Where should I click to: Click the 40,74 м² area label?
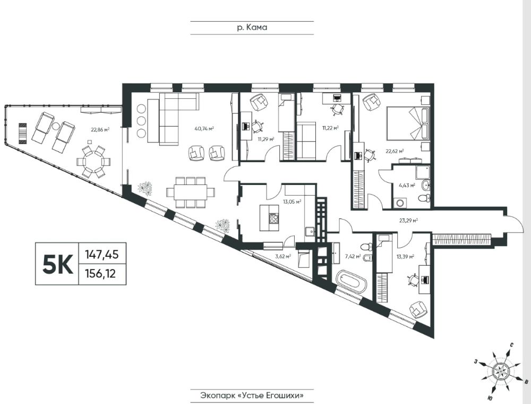pos(204,129)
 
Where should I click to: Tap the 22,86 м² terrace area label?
pos(100,129)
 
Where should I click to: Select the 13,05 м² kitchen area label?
pos(292,201)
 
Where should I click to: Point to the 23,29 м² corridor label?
pos(408,220)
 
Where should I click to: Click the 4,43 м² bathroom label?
pos(408,186)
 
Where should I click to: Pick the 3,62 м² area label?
pos(283,257)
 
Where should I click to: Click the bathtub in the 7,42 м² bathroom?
pos(351,282)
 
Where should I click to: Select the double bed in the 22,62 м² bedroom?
pos(408,123)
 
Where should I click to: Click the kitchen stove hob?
pos(273,218)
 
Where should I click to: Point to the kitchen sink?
pos(310,232)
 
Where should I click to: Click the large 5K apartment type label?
pos(57,264)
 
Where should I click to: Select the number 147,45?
pos(102,254)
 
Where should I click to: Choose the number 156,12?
pos(100,273)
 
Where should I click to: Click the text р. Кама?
pos(252,28)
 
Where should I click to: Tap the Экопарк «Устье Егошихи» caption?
pos(252,395)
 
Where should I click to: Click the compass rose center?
pos(500,371)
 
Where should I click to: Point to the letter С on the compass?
pos(512,346)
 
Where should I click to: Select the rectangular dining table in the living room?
pos(190,192)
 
